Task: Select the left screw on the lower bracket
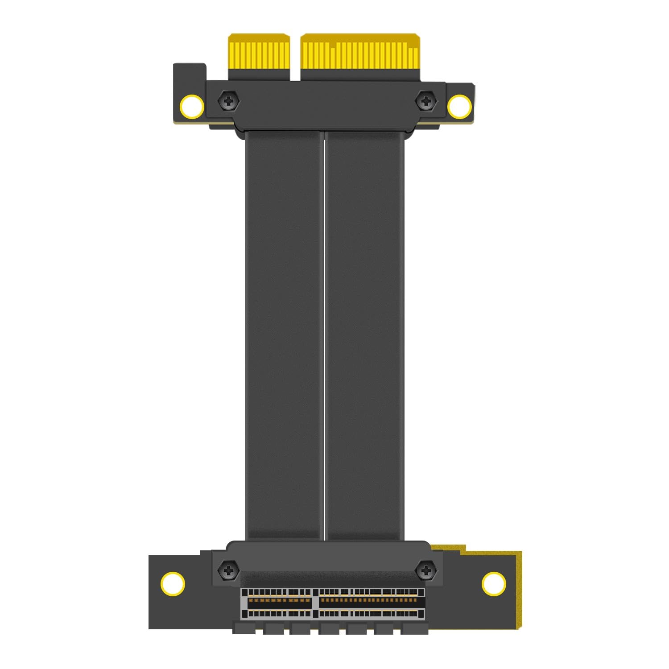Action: pyautogui.click(x=228, y=570)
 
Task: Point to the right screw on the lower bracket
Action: pyautogui.click(x=426, y=570)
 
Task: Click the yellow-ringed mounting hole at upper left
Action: pyautogui.click(x=192, y=107)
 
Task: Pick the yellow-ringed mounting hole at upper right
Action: pyautogui.click(x=459, y=107)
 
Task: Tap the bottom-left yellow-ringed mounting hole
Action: pyautogui.click(x=173, y=583)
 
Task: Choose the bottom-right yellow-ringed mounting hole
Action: pyautogui.click(x=494, y=583)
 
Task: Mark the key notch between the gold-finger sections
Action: pyautogui.click(x=295, y=58)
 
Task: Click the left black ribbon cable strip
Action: pyautogui.click(x=284, y=334)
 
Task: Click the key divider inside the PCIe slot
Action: pyautogui.click(x=314, y=603)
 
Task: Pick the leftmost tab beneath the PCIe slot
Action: pyautogui.click(x=244, y=628)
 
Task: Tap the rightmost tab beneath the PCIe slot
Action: pyautogui.click(x=415, y=628)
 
